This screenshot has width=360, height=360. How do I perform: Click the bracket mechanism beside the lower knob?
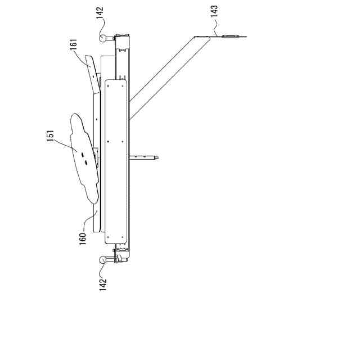119,255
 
